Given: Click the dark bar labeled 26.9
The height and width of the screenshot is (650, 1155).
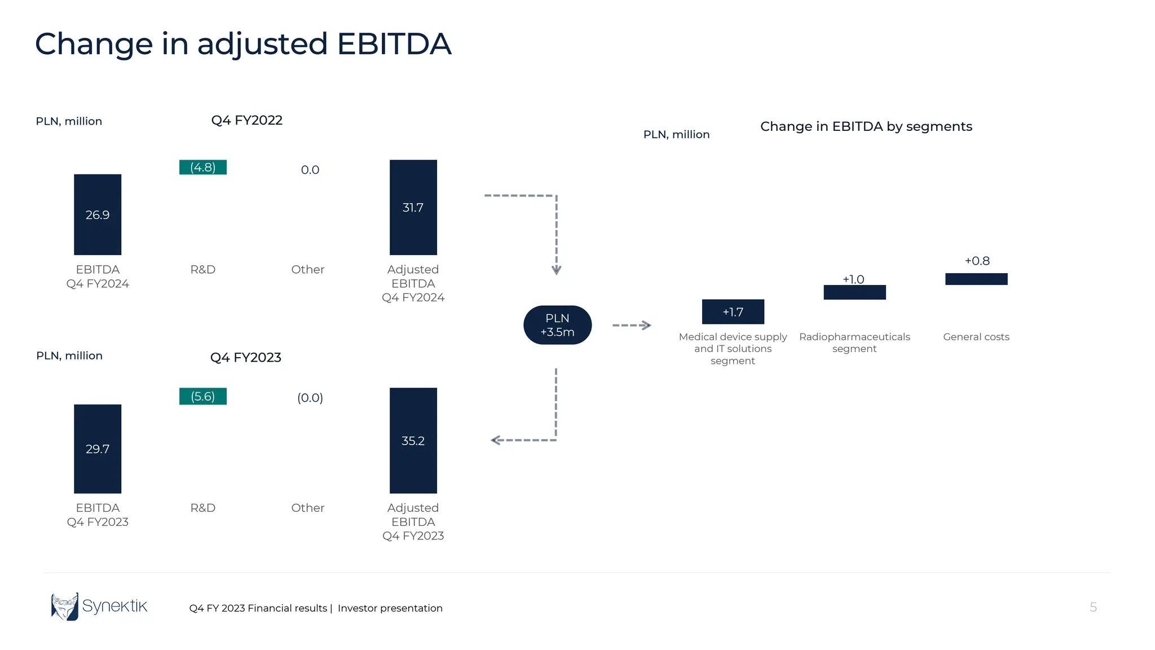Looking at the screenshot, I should coord(98,214).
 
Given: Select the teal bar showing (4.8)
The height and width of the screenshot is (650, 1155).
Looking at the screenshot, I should coord(203,167).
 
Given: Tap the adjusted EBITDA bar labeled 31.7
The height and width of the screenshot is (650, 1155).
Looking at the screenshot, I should coord(413,207).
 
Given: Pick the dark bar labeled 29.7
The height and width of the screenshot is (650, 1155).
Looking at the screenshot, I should coord(98,449).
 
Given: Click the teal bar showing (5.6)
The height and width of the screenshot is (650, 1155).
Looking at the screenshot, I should coord(203,396).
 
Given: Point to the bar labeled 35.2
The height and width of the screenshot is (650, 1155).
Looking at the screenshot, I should coord(413,440).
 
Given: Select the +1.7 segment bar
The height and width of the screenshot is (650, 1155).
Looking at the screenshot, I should coord(733,311).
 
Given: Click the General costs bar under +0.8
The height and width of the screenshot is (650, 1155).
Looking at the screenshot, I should coord(976,279).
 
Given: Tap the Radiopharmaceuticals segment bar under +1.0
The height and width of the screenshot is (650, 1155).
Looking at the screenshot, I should coord(854,292).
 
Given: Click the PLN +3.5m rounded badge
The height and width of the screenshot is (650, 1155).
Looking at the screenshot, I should coord(557,325).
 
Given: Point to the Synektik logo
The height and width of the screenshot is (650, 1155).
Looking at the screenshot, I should coord(99,607).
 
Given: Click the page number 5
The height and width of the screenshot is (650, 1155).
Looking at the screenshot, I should coord(1093,607).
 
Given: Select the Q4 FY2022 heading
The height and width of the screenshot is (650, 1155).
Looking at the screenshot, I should coord(246,120).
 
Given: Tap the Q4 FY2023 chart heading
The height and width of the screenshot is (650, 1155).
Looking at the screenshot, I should coord(245,357).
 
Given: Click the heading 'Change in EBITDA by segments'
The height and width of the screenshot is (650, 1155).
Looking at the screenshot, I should coord(866,126).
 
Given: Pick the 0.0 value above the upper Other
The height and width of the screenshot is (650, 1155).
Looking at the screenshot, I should coord(310,170).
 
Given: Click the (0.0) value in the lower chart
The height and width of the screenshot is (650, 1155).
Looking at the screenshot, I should coord(310,398).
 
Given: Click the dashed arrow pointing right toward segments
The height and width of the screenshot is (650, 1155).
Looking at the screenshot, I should coord(632,325).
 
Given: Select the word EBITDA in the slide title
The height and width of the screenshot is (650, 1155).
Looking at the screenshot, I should coord(394,44).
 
